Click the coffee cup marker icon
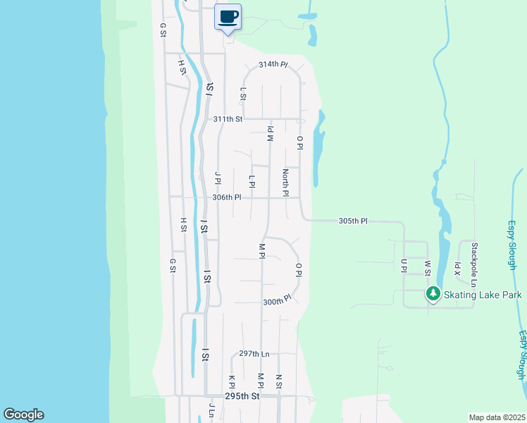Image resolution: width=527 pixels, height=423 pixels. click(x=228, y=16)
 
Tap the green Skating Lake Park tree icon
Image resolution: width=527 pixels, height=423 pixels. click(x=433, y=293)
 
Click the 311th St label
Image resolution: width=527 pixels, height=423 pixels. click(x=228, y=119)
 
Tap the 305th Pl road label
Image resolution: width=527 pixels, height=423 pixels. click(x=353, y=221)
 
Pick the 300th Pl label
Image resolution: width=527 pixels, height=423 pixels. click(x=277, y=301)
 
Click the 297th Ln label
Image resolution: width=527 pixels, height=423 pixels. click(x=254, y=353)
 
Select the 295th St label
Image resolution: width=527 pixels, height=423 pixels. click(x=242, y=396)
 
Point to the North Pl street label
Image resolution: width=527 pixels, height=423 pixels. click(x=285, y=183)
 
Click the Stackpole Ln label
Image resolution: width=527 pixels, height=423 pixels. click(x=475, y=264)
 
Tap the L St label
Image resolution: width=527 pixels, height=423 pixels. click(x=243, y=94)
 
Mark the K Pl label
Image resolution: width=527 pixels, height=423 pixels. click(x=231, y=381)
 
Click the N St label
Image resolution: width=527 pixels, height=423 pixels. click(x=279, y=381)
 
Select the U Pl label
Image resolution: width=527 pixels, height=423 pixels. click(x=404, y=265)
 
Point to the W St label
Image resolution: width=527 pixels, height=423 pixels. click(x=427, y=267)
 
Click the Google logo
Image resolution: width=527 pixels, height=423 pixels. click(x=23, y=415)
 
